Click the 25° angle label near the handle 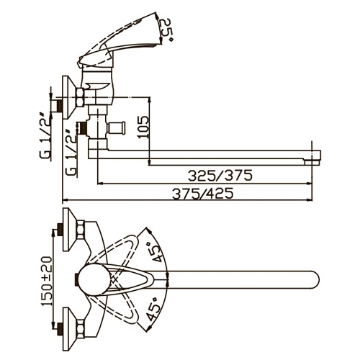166,31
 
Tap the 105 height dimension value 143,127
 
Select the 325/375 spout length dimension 220,176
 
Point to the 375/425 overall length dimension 203,194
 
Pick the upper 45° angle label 157,252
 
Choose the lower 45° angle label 154,309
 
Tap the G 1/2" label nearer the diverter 71,153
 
